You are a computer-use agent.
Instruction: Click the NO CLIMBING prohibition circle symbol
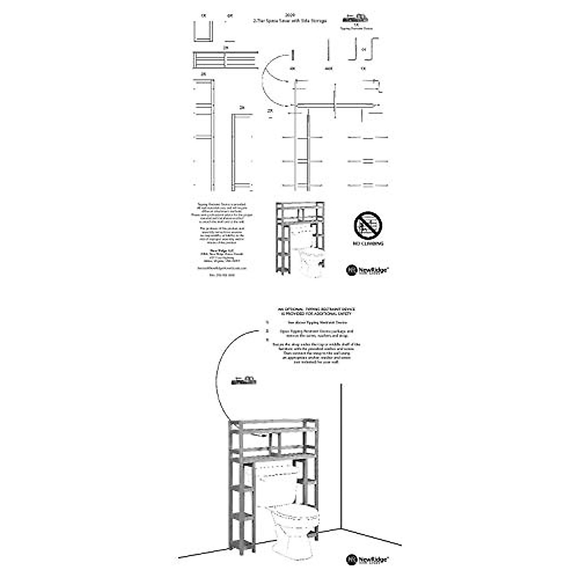coord(368,226)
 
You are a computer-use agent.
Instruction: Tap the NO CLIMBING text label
coord(368,244)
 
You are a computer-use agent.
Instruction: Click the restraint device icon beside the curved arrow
coord(245,381)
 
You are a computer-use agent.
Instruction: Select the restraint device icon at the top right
coord(356,18)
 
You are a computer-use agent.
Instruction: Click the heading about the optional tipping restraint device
coord(316,311)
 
